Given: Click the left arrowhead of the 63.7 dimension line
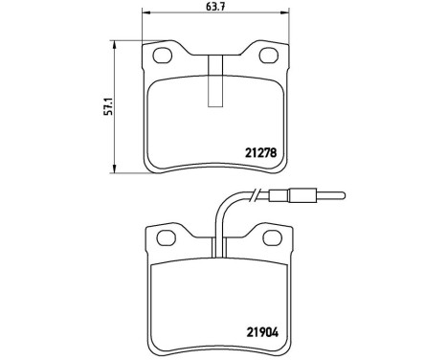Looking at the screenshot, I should pos(145,13).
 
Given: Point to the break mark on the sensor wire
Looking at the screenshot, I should pos(256,198).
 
